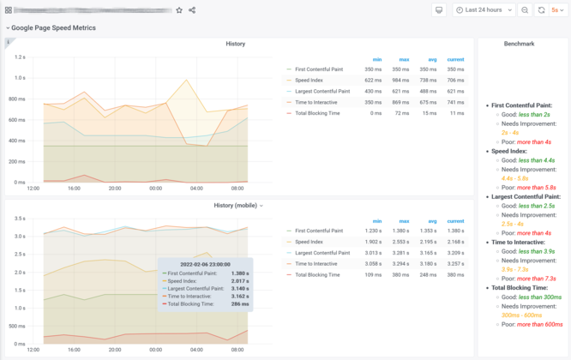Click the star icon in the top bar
click(179, 10)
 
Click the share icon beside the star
click(192, 10)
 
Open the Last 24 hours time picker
click(484, 10)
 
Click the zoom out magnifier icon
click(525, 10)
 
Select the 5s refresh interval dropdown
click(557, 10)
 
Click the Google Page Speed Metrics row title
click(53, 27)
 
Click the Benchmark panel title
click(519, 43)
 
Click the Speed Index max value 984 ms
click(401, 79)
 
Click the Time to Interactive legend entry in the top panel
click(322, 101)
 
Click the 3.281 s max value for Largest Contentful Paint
click(401, 253)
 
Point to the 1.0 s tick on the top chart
click(18, 77)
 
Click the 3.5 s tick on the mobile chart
click(18, 219)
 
